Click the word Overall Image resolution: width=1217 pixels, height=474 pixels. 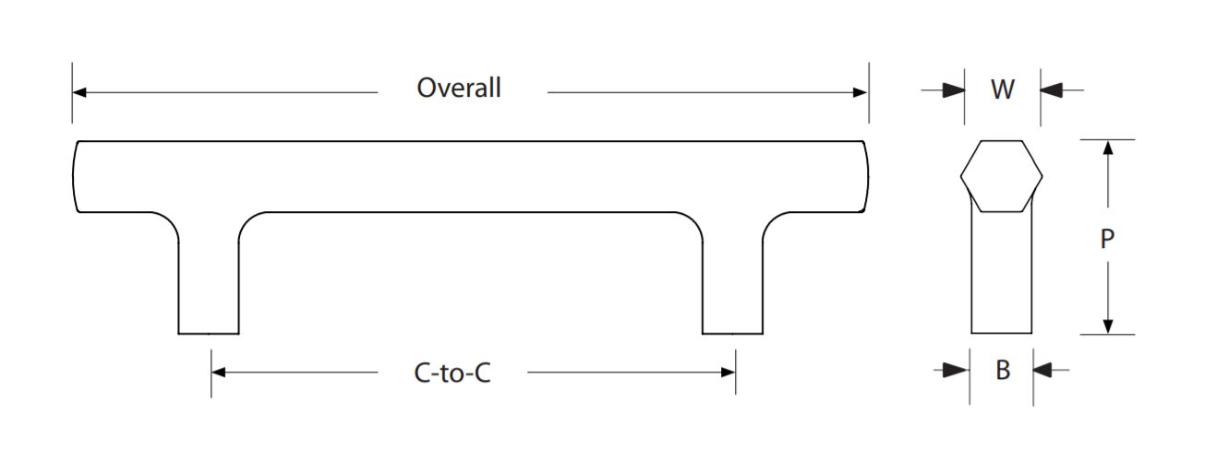pyautogui.click(x=458, y=89)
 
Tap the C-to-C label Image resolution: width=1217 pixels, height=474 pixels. pyautogui.click(x=452, y=373)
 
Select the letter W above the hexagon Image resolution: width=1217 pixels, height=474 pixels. pyautogui.click(x=1002, y=90)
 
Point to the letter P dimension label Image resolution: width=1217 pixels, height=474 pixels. pyautogui.click(x=1107, y=240)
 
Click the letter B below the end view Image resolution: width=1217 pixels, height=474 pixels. pyautogui.click(x=1002, y=371)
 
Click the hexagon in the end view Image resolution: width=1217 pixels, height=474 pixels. pyautogui.click(x=1001, y=176)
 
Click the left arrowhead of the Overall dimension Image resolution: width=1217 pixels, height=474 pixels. pyautogui.click(x=79, y=92)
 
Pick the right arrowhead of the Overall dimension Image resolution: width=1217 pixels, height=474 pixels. pyautogui.click(x=861, y=92)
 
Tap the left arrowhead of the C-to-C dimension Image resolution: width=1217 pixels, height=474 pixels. pyautogui.click(x=219, y=373)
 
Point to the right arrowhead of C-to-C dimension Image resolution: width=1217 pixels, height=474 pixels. pyautogui.click(x=729, y=373)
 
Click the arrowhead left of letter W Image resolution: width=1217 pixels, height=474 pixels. pyautogui.click(x=954, y=90)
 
